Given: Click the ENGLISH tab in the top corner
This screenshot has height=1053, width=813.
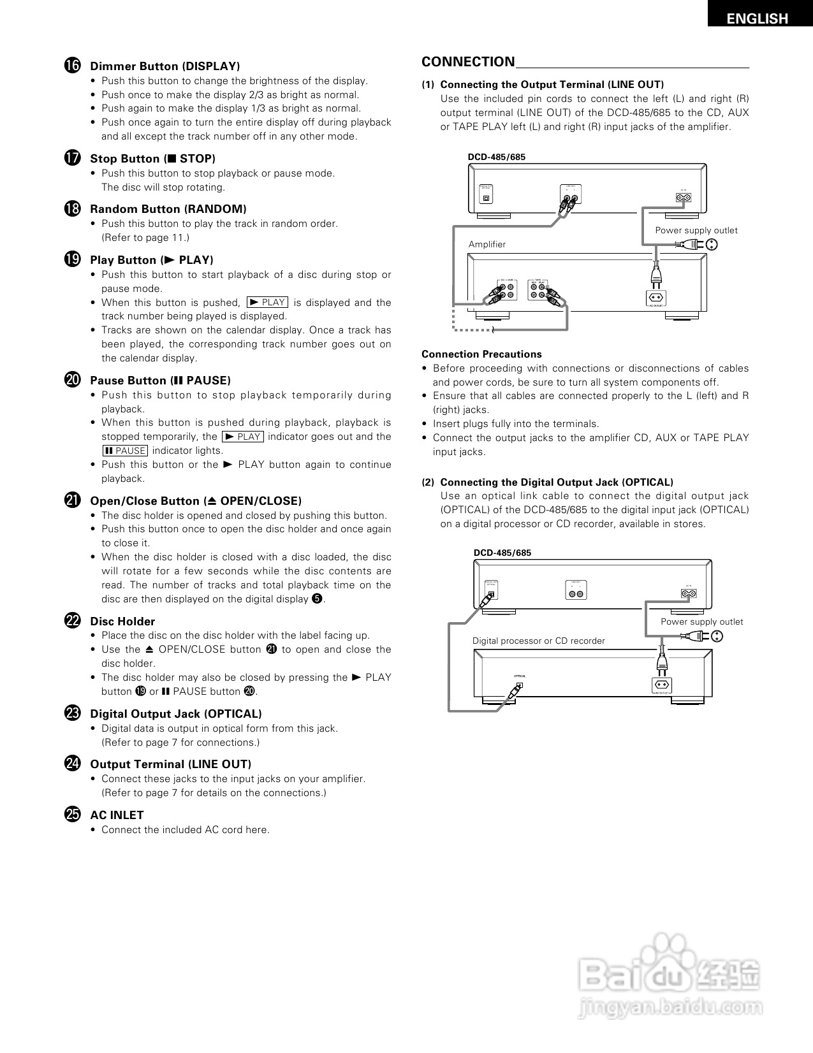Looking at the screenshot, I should coord(758,18).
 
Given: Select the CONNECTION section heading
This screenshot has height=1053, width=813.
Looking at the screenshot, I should coord(468,62).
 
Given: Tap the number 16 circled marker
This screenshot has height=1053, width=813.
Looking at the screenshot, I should coord(72,66).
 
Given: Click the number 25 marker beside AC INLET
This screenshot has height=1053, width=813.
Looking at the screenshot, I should coord(72,815).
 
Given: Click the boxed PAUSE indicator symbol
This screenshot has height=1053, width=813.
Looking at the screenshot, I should coord(125,451).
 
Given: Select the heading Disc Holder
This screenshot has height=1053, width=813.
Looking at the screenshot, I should coord(122,621).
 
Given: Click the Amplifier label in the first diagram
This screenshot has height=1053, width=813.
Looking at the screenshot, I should coord(487,244).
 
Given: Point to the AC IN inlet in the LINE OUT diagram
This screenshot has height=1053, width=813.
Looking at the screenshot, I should coord(684,198).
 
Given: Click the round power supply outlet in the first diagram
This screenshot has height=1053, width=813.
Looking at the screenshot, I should coord(712,244).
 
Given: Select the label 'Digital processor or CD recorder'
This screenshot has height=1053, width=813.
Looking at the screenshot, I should coord(538,641).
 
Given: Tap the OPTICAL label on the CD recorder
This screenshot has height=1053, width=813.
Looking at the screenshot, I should coord(520,676).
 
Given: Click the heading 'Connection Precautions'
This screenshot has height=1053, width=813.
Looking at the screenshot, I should coord(481,354).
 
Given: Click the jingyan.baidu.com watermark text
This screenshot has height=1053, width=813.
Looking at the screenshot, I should coord(671,1008).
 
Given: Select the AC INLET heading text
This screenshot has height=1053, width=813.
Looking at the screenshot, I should coord(117,815).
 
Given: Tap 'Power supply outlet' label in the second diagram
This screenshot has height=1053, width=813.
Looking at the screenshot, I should coord(701,621).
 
